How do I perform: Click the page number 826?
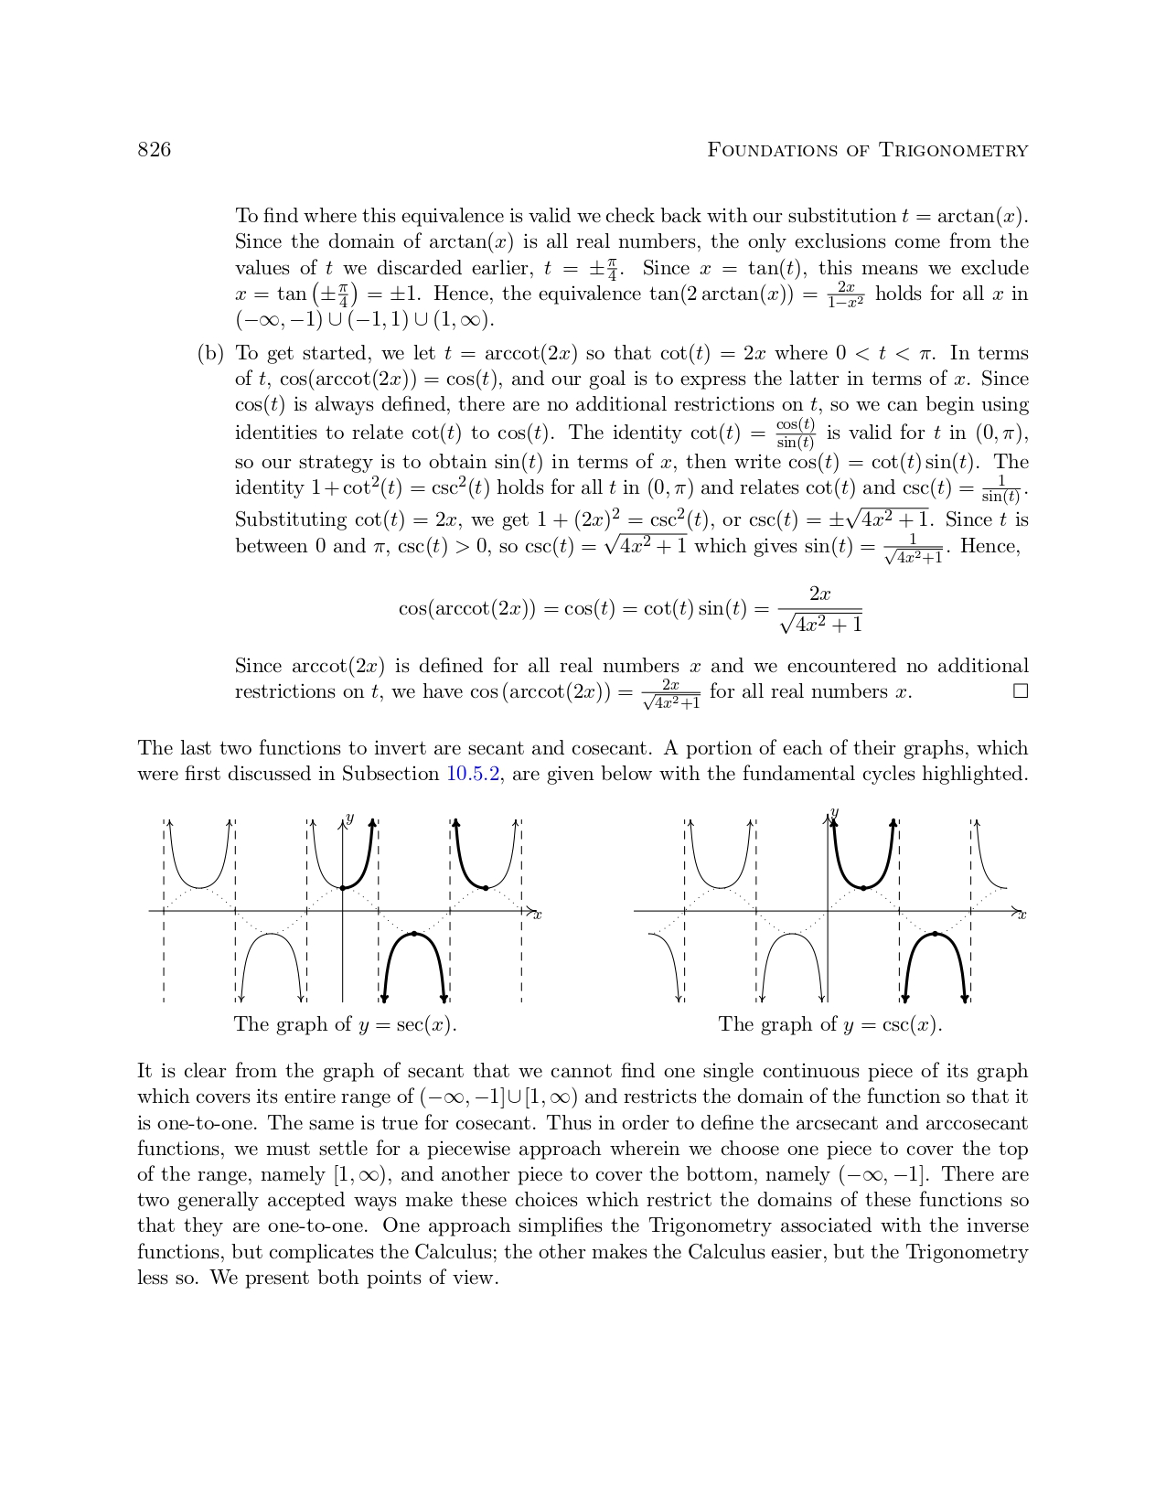point(154,150)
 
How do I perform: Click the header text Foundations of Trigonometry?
point(867,150)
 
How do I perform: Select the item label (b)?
point(210,354)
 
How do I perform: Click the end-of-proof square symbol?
point(1021,691)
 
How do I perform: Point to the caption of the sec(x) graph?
point(345,1024)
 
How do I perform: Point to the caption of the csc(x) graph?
point(829,1024)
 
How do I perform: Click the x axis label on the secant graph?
point(538,915)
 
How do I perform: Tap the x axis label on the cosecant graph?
point(1022,915)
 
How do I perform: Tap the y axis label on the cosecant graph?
point(835,812)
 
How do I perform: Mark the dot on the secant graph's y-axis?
point(343,888)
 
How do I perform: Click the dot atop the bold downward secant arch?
point(414,934)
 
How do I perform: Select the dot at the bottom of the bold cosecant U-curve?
point(863,887)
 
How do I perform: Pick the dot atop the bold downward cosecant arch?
point(935,934)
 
